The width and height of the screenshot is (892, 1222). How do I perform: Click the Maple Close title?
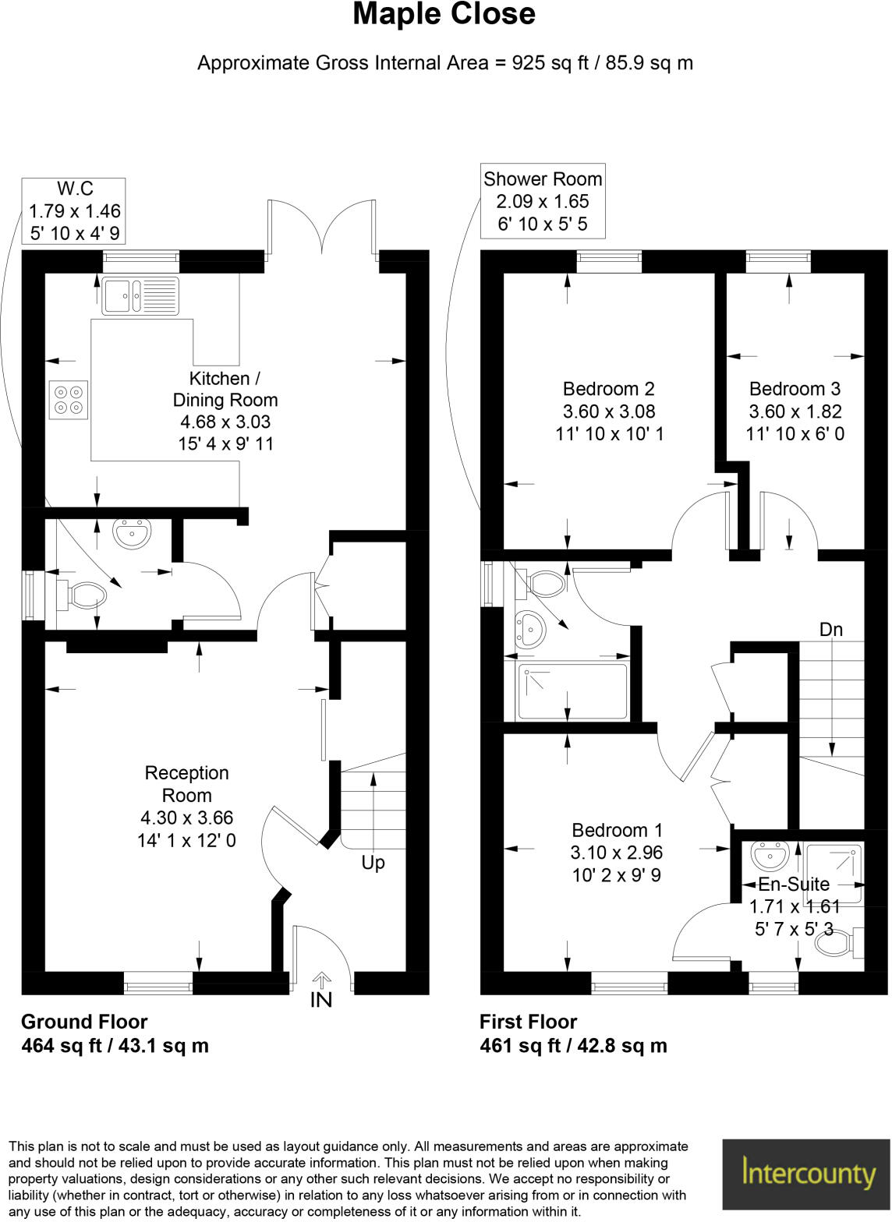tap(444, 14)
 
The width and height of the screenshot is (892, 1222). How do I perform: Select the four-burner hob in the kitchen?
tap(68, 399)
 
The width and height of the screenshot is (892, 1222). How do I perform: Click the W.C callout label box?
tap(75, 210)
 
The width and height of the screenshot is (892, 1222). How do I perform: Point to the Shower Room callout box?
tap(543, 201)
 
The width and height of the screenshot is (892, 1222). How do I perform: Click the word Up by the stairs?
tap(373, 863)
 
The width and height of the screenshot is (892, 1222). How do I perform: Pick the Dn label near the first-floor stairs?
tap(831, 630)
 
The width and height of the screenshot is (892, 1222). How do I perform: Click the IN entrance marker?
tap(321, 999)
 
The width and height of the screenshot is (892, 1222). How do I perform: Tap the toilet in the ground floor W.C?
tap(85, 596)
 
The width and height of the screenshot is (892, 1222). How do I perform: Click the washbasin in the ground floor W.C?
tap(133, 534)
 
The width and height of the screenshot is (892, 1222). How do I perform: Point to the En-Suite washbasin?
tap(772, 856)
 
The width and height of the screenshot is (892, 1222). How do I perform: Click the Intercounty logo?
tap(806, 1174)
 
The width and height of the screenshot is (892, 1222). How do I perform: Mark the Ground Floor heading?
tap(84, 1022)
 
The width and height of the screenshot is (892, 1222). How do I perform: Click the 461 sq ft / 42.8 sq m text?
tap(573, 1046)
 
